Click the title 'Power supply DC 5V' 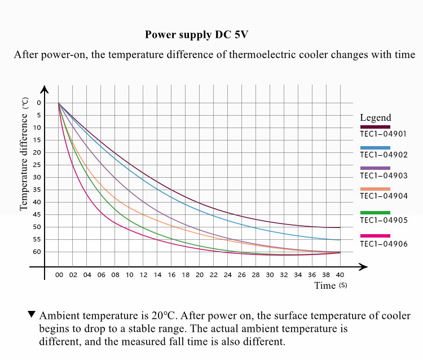[196, 34]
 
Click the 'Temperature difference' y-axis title [24, 161]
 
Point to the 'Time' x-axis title [325, 286]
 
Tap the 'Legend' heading [375, 118]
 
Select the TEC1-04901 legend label [383, 134]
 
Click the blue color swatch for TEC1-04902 [375, 147]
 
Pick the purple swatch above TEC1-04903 [375, 168]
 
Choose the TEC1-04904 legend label [383, 196]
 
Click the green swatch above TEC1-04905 [375, 213]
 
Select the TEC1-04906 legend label [383, 244]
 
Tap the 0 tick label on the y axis [39, 103]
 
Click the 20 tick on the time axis [199, 275]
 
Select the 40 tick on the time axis [340, 275]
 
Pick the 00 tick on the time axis [59, 275]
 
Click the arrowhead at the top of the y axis [45, 90]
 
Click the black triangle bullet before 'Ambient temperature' [32, 314]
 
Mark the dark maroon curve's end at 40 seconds [340, 227]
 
